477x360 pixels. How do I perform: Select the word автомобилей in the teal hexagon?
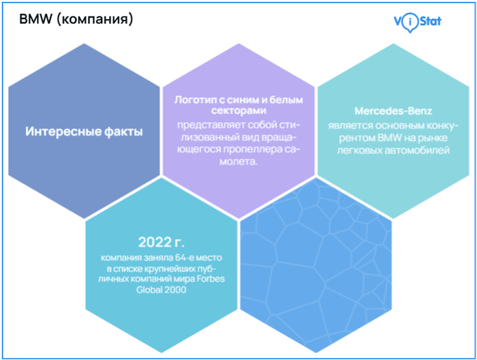coord(418,150)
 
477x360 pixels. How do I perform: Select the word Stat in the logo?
coord(427,21)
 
